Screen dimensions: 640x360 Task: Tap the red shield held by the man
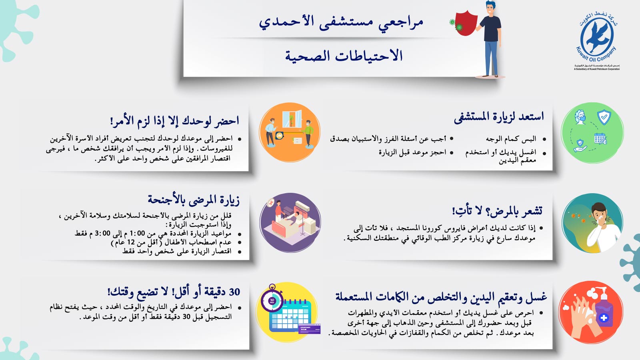click(466, 23)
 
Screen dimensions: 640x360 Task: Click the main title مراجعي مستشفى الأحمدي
click(341, 22)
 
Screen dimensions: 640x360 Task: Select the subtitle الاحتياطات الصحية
click(344, 56)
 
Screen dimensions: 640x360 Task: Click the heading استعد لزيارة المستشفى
click(498, 117)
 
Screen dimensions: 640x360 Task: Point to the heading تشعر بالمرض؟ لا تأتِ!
click(497, 210)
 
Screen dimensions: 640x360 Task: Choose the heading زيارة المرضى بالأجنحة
click(194, 200)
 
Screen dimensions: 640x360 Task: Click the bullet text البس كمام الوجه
click(511, 139)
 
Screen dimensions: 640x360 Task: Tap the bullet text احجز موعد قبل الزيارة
click(412, 152)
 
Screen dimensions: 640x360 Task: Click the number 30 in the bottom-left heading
click(234, 292)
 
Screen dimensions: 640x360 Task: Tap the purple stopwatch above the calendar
click(272, 299)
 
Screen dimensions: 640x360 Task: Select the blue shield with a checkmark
click(604, 117)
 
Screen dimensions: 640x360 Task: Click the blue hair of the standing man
click(490, 5)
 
